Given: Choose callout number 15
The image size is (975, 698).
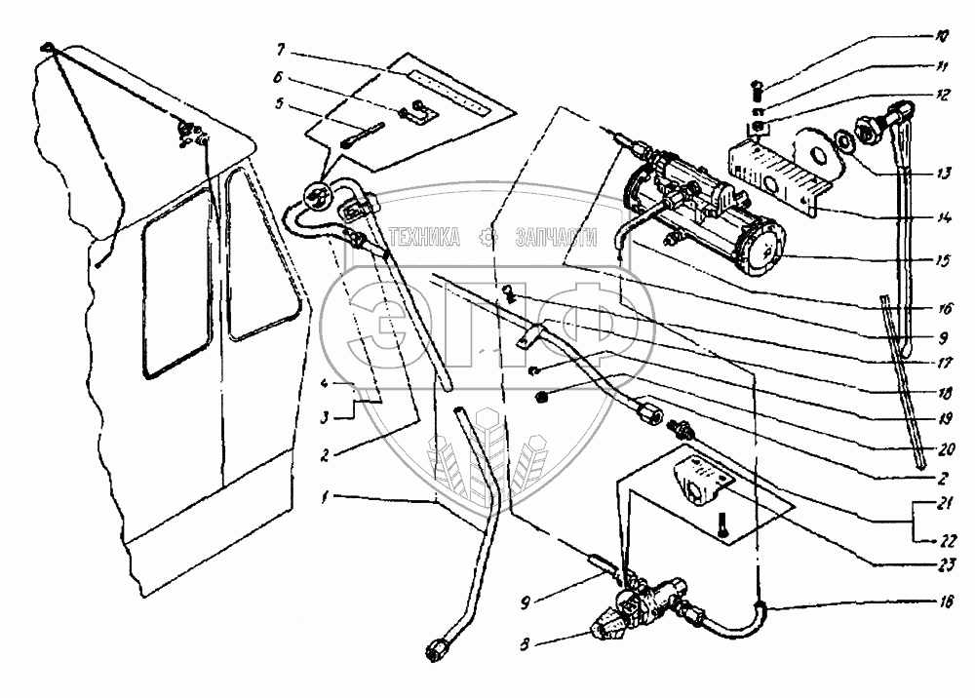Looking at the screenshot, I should coord(941,260).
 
